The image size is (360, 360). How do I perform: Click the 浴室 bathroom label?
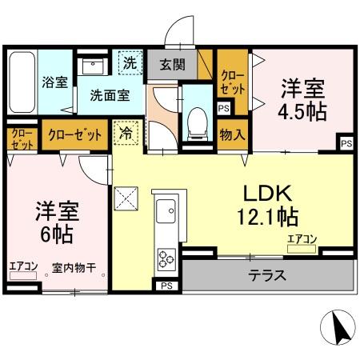pyautogui.click(x=55, y=82)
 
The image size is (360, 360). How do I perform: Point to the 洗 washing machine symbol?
pyautogui.click(x=129, y=62)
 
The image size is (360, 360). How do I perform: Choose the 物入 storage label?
pyautogui.click(x=232, y=134)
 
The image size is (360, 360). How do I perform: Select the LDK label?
pyautogui.click(x=270, y=194)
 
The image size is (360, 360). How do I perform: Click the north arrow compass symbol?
pyautogui.click(x=338, y=328)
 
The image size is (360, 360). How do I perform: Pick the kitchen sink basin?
pyautogui.click(x=167, y=212)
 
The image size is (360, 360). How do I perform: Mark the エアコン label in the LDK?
pyautogui.click(x=302, y=238)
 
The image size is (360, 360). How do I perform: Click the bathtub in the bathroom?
pyautogui.click(x=22, y=82)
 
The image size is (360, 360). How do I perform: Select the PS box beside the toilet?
pyautogui.click(x=223, y=109)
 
